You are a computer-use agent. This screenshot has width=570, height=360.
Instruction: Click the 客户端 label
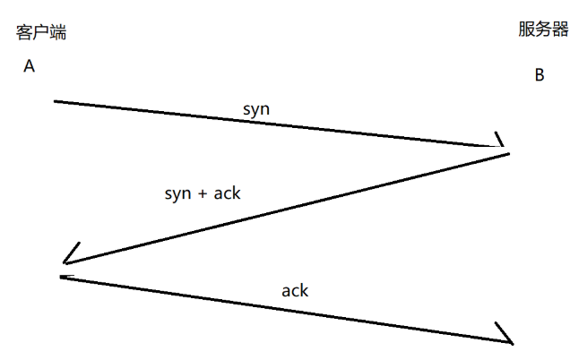pos(41,33)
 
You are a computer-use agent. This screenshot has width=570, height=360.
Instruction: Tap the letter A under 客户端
pos(29,66)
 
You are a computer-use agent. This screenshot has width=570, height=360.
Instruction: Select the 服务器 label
pos(543,30)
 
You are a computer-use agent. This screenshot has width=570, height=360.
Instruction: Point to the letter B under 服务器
pos(540,75)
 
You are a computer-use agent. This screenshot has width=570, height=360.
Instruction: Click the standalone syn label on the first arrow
pos(256,108)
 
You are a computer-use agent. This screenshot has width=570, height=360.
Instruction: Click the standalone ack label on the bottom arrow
pos(295,290)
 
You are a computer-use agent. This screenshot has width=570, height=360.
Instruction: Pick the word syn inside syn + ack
pos(178,193)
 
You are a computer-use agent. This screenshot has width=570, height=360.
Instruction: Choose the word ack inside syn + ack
pos(226,193)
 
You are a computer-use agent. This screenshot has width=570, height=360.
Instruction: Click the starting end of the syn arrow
pos(56,101)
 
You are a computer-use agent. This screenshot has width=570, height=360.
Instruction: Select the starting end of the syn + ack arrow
pos(508,155)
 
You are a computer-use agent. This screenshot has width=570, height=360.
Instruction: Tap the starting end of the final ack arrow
pos(62,278)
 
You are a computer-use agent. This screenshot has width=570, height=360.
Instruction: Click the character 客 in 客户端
pos(25,33)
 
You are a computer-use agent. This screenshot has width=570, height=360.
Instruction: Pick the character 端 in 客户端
pos(58,33)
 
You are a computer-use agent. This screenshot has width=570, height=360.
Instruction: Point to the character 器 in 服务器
pos(560,30)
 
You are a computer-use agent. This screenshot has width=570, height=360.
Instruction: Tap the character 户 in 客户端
pos(41,33)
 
